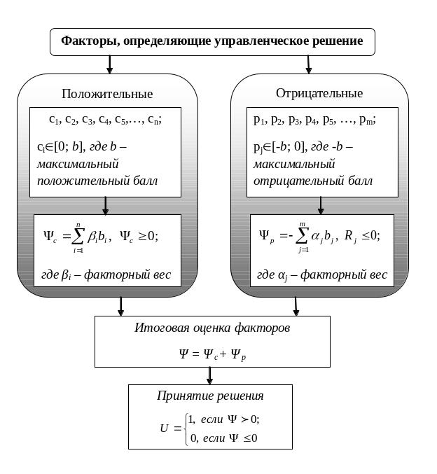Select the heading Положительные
click(107, 94)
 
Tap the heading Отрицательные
click(319, 93)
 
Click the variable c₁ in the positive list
click(53, 120)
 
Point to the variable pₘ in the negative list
click(366, 120)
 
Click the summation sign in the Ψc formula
click(78, 237)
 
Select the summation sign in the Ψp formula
click(302, 236)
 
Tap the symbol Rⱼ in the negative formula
click(350, 237)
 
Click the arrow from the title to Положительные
click(109, 64)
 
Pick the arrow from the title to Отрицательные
click(308, 64)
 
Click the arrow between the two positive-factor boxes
click(105, 206)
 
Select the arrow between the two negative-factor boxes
click(321, 206)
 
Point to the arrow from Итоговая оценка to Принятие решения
click(209, 376)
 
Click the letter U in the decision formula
click(164, 428)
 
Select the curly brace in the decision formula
click(186, 429)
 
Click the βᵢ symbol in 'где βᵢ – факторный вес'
click(66, 275)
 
